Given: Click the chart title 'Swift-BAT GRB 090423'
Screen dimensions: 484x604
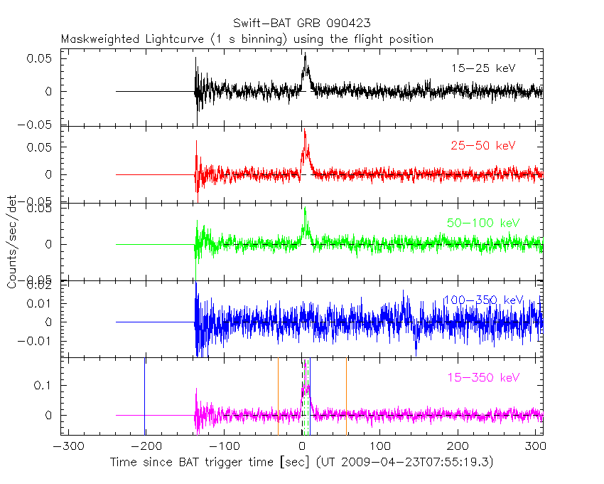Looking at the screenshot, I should (x=301, y=23).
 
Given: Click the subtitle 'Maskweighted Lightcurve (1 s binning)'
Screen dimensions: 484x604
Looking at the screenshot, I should (x=174, y=39).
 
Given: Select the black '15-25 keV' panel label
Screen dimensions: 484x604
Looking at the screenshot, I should (x=483, y=68).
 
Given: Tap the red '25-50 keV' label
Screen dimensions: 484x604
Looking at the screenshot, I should (x=483, y=146).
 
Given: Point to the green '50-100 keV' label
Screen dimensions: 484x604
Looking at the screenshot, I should (x=483, y=223).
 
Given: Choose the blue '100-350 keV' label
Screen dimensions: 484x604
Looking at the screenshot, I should (x=483, y=300).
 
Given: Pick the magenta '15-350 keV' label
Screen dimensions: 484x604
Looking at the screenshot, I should (x=483, y=377).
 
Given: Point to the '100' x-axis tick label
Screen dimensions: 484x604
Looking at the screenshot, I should (x=381, y=446).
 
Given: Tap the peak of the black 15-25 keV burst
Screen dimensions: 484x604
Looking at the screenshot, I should (x=305, y=55).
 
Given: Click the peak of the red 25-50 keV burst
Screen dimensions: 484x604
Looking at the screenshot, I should (x=304, y=130).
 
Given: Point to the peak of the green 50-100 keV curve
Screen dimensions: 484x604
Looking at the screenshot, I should (x=305, y=209).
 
